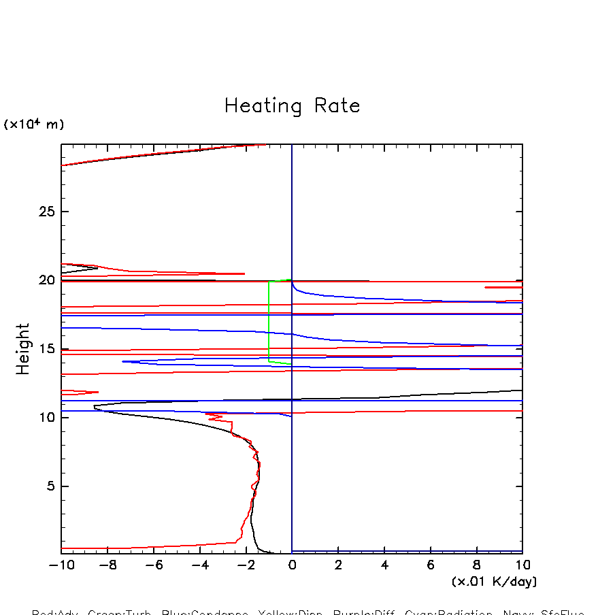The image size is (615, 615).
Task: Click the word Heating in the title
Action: pyautogui.click(x=263, y=107)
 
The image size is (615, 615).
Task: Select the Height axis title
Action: pyautogui.click(x=23, y=349)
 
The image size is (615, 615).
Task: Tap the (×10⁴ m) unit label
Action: pyautogui.click(x=34, y=124)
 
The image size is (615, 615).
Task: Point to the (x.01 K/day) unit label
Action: pyautogui.click(x=494, y=582)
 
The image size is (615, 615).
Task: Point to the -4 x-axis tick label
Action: pyautogui.click(x=198, y=565)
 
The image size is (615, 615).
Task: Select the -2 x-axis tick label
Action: pyautogui.click(x=244, y=565)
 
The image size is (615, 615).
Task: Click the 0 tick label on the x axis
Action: pyautogui.click(x=292, y=565)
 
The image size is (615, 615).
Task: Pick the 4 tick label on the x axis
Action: pyautogui.click(x=384, y=565)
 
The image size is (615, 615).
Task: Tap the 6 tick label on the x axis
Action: pyautogui.click(x=431, y=565)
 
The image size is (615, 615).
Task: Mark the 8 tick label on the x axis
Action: pyautogui.click(x=477, y=565)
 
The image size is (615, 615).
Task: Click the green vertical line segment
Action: pyautogui.click(x=269, y=320)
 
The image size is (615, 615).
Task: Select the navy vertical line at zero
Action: pyautogui.click(x=292, y=204)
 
